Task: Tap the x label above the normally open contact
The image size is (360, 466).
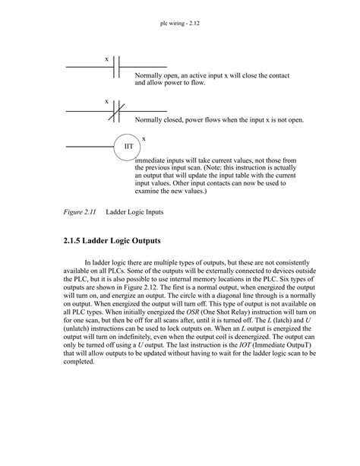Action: pos(106,59)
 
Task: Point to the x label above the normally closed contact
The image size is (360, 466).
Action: pos(106,101)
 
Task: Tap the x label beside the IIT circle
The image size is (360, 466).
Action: pos(144,138)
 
